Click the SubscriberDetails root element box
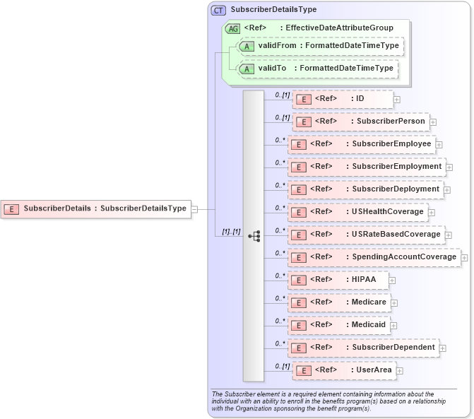(x=96, y=208)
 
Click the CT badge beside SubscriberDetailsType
(x=218, y=10)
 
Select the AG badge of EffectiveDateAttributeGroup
(x=232, y=28)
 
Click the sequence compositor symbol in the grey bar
(x=254, y=236)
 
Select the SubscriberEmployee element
(x=360, y=144)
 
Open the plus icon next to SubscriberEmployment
(x=449, y=167)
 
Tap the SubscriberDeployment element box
(x=365, y=189)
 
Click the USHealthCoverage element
(x=357, y=212)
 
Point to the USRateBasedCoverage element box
(x=365, y=235)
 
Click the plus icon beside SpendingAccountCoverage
(x=464, y=258)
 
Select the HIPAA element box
(x=338, y=280)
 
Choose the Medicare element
(x=338, y=302)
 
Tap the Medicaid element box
(x=338, y=325)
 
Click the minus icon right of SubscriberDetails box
(x=194, y=209)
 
